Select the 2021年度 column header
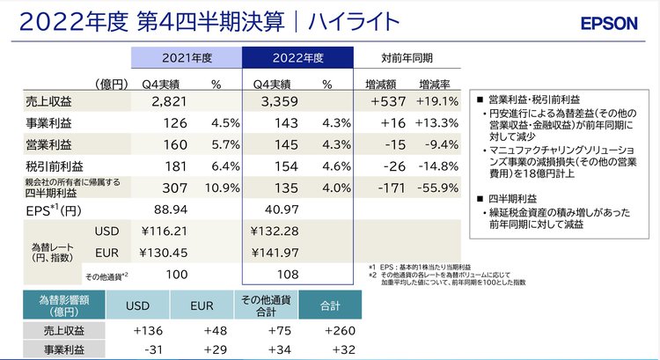click(187, 59)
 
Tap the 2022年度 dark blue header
click(297, 59)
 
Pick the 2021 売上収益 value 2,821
click(172, 102)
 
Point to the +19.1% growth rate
click(436, 102)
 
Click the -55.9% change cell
click(436, 187)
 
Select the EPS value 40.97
click(279, 212)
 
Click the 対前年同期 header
click(407, 59)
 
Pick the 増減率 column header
click(434, 84)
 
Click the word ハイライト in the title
click(347, 22)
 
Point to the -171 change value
click(388, 187)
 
